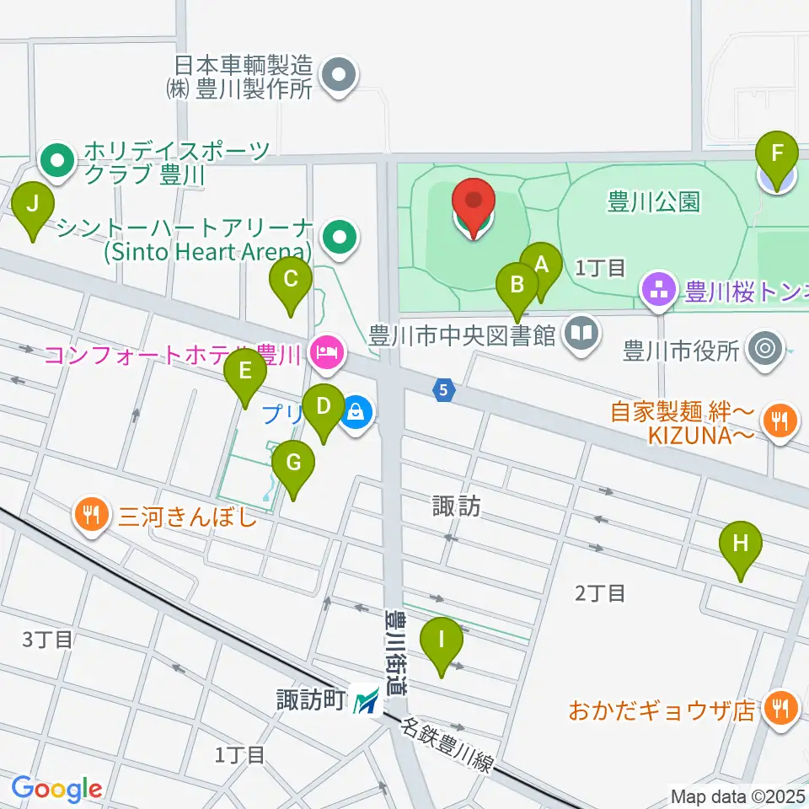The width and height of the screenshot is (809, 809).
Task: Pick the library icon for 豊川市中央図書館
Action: [x=581, y=335]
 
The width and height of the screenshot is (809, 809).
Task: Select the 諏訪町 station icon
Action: [x=367, y=699]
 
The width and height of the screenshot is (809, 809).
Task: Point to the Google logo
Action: [x=56, y=789]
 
